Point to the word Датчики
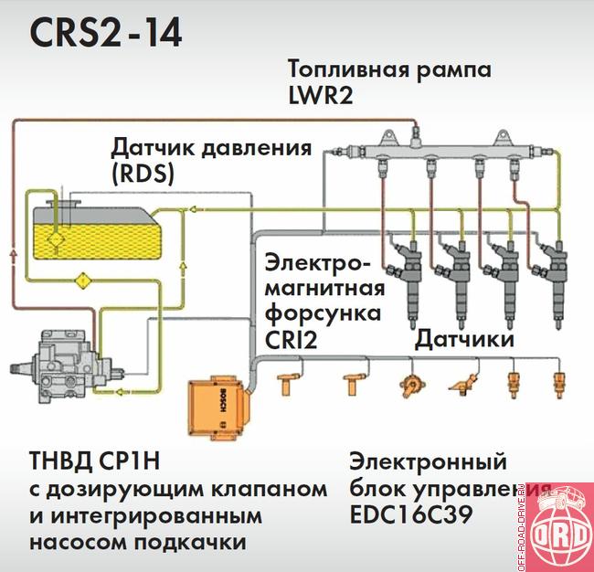pos(466,340)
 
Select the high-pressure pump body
pos(59,365)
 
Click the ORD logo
pos(558,534)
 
